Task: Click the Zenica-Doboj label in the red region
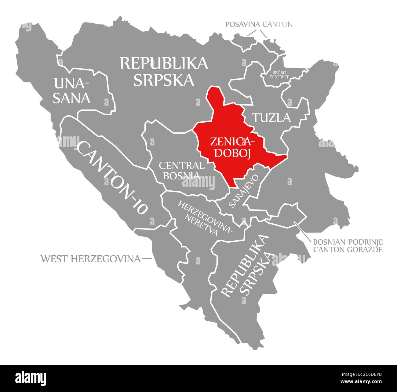232,147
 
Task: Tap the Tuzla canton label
271,117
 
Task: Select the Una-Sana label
72,91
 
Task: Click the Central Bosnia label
181,170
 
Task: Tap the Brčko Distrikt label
279,75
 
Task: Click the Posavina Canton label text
259,24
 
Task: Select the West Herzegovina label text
91,259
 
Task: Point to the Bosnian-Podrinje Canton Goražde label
348,246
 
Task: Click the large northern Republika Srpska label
164,71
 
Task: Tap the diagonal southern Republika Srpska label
246,266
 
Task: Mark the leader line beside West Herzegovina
147,259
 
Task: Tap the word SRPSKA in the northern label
164,80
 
